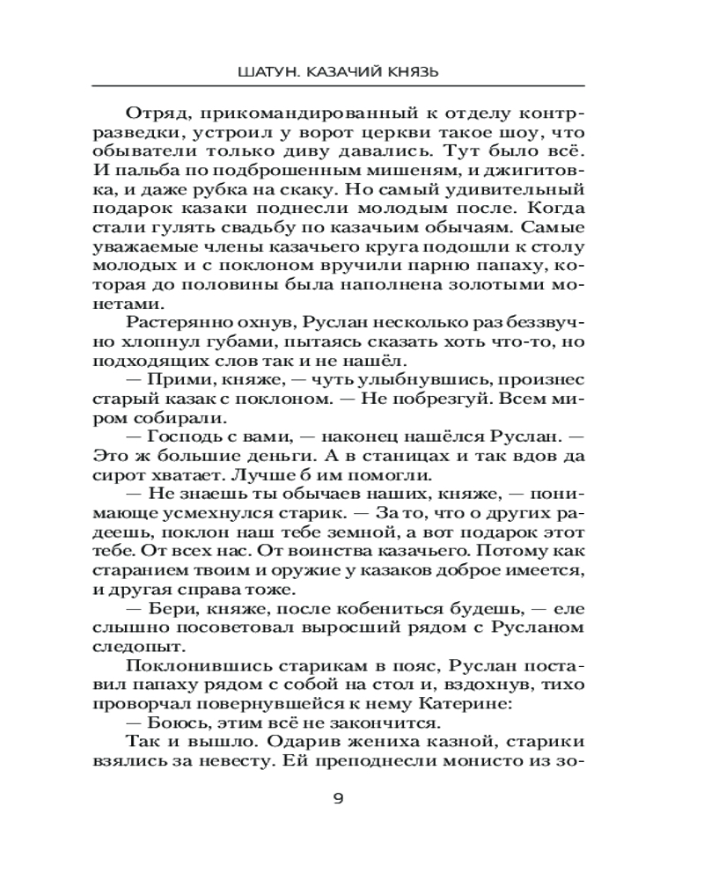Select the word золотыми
click(x=499, y=289)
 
